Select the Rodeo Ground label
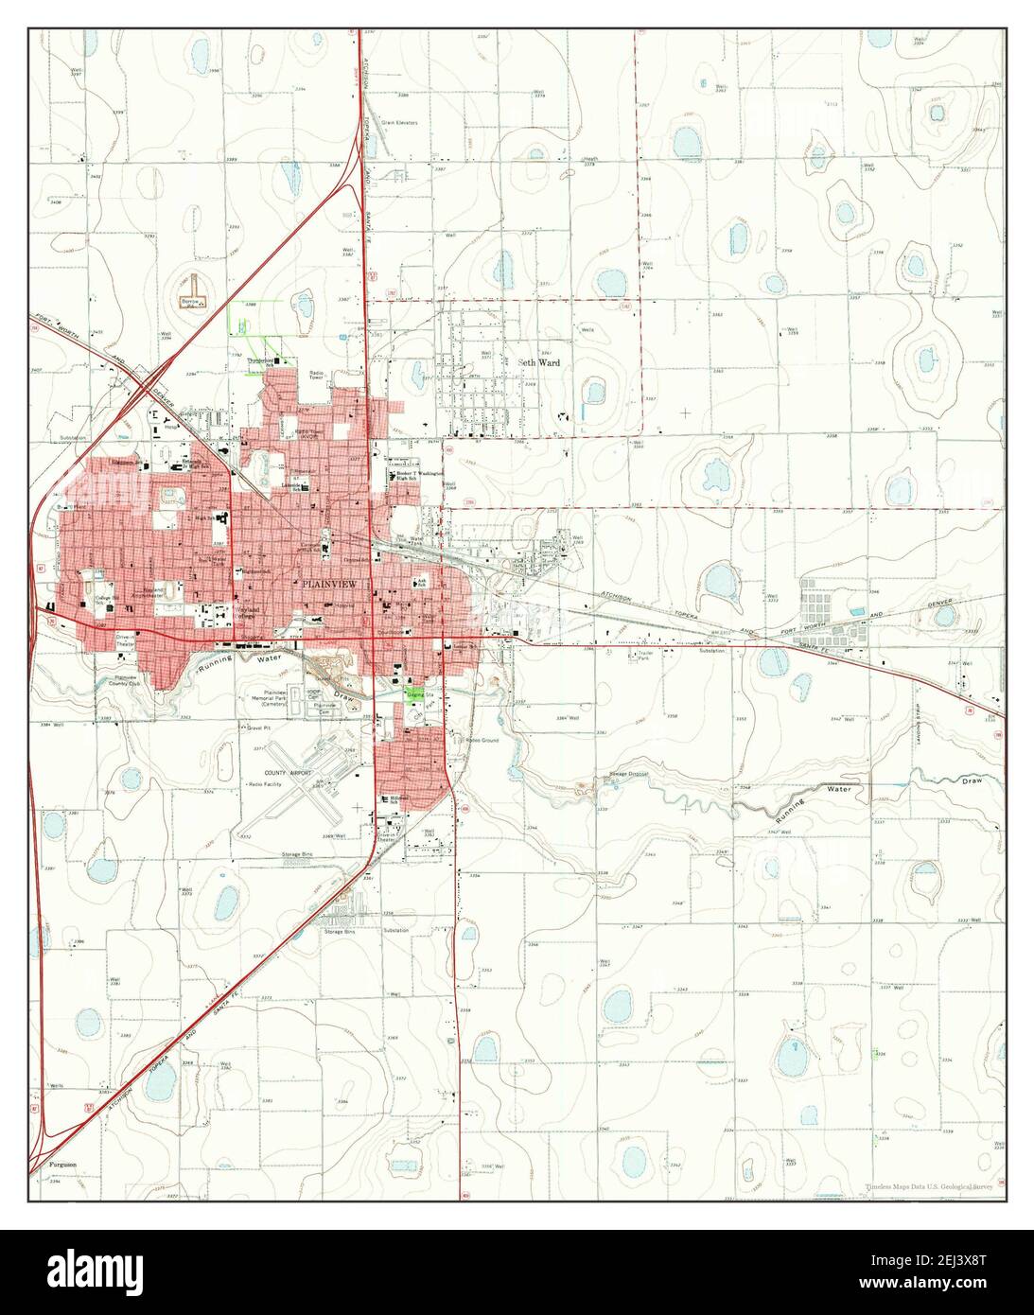pyautogui.click(x=482, y=740)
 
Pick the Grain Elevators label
pyautogui.click(x=399, y=122)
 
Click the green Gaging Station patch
pyautogui.click(x=415, y=693)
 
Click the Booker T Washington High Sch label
pyautogui.click(x=419, y=475)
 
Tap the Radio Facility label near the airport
pyautogui.click(x=282, y=784)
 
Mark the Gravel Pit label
pyautogui.click(x=258, y=728)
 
